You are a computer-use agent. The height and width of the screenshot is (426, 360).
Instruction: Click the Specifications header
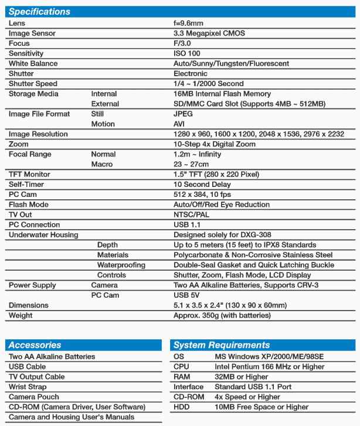coord(39,12)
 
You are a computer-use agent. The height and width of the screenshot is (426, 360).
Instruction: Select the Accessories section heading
coord(35,345)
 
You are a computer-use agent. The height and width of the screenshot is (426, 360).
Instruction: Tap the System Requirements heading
coord(222,345)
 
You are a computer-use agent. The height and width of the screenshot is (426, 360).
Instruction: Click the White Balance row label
coord(33,63)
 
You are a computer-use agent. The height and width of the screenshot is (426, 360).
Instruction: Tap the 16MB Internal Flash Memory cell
coord(222,94)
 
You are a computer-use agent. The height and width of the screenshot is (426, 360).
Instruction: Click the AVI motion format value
coord(179,124)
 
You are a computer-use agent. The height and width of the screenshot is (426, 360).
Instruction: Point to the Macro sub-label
coord(102,165)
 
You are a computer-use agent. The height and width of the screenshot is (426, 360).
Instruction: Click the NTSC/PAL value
coord(191,214)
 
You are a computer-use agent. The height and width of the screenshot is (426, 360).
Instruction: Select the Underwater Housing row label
coord(43,235)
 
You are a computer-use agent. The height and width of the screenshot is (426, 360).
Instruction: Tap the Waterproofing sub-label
coord(121,265)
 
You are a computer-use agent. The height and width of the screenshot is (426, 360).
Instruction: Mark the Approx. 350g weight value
coord(222,315)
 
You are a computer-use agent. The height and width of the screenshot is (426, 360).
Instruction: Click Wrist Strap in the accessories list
coord(28,387)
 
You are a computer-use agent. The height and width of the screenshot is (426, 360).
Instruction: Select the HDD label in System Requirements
coord(181,407)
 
